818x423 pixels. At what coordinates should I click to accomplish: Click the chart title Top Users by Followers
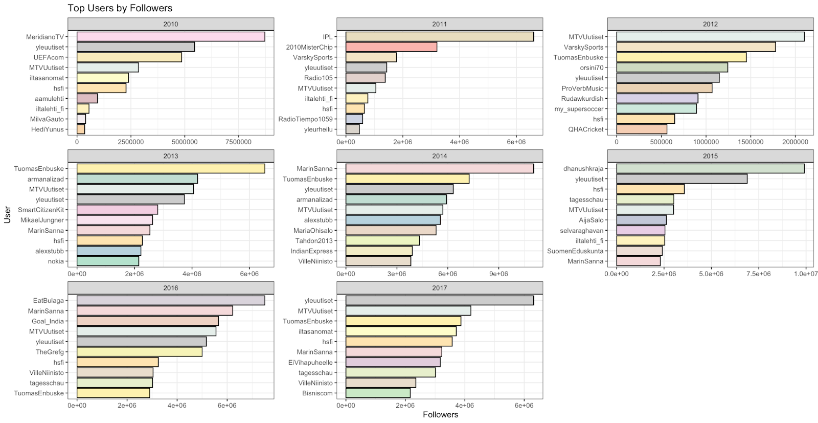pos(120,8)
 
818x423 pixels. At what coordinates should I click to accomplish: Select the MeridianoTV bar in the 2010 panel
pos(171,37)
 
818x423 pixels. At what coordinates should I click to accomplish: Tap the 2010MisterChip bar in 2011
pos(391,47)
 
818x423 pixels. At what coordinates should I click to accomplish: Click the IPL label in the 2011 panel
pos(327,37)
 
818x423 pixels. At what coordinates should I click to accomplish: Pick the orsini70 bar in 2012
pos(672,68)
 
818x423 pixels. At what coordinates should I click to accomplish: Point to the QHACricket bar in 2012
pos(642,129)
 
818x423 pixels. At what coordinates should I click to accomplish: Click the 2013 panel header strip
pos(171,156)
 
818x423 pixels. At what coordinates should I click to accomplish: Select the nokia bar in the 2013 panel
pos(108,261)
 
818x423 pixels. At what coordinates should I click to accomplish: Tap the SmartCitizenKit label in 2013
pos(41,210)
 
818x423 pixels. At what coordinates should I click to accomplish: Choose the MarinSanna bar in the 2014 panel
pos(439,169)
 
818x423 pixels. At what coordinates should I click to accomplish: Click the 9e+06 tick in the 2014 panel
pos(498,274)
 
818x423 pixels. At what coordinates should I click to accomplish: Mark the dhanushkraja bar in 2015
pos(710,169)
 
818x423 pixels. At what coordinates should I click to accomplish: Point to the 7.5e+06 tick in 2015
pos(758,274)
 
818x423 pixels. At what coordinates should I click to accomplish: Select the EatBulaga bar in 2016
pos(171,301)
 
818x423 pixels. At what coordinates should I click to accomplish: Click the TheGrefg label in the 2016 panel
pos(50,352)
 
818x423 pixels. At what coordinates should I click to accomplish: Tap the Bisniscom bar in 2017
pos(378,393)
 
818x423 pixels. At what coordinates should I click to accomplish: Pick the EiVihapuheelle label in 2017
pos(310,363)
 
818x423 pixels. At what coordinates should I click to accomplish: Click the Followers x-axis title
pos(440,415)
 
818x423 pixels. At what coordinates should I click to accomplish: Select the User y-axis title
pos(7,214)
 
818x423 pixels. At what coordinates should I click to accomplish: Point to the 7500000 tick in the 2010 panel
pos(238,142)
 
